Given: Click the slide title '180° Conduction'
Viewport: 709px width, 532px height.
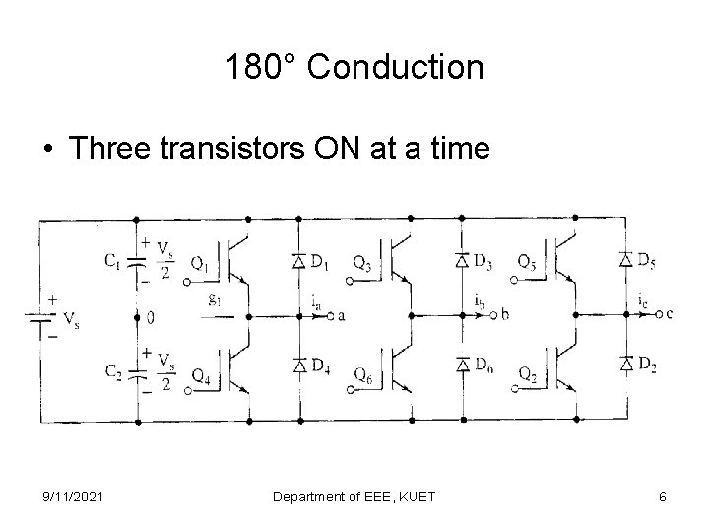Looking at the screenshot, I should pos(354,68).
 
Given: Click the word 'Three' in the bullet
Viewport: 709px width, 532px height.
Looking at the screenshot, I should pos(122,148).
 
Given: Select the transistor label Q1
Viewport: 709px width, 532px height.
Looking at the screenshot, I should pos(198,264).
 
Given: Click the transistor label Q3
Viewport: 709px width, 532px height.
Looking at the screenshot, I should pos(361,264).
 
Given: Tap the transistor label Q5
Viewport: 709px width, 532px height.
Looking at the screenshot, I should pos(528,264).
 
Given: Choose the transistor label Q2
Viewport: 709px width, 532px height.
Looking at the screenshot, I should pos(528,375).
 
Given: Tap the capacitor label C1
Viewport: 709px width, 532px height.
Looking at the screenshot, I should pos(114,261).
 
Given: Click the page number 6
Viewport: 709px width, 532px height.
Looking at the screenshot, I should pos(663,497).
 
